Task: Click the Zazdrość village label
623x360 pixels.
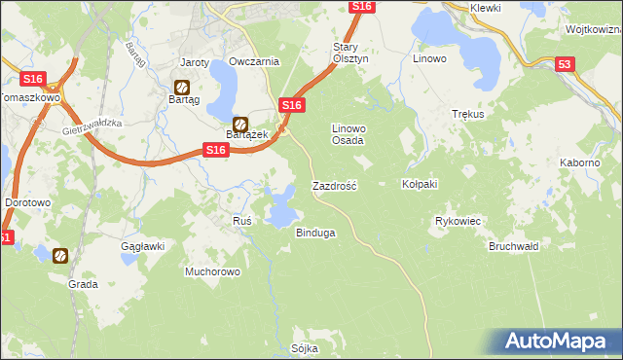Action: pos(334,185)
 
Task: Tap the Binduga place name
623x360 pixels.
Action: pos(315,233)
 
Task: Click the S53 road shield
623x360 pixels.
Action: pos(566,64)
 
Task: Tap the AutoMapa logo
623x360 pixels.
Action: pos(557,342)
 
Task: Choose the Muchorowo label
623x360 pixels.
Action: pos(212,271)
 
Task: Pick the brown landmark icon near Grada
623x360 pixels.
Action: pos(60,255)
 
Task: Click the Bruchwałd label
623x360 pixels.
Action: pos(513,246)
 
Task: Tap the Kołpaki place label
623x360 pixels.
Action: pos(421,184)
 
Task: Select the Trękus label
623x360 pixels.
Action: pos(468,114)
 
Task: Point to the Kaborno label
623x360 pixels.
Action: pos(579,162)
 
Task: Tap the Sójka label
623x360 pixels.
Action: pos(305,347)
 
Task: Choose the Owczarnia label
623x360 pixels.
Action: pos(254,61)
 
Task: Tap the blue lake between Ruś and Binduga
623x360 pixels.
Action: pos(281,206)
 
